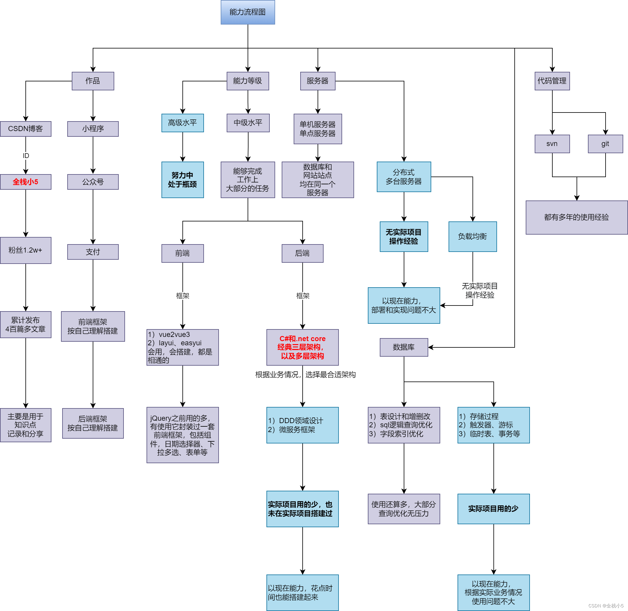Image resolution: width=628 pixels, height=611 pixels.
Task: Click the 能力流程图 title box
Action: (248, 12)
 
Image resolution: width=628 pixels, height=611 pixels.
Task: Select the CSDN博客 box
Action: (26, 129)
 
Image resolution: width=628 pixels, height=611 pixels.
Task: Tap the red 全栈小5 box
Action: (26, 182)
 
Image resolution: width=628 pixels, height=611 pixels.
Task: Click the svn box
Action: (552, 144)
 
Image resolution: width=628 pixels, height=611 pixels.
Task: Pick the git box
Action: (605, 144)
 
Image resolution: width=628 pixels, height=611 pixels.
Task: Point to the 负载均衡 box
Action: (472, 236)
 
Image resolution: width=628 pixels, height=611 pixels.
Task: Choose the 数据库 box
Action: (404, 347)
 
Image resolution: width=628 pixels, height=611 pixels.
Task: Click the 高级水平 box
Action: (182, 123)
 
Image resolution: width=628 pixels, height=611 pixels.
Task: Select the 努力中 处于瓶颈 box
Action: (182, 180)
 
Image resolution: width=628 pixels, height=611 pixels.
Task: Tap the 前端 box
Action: (182, 253)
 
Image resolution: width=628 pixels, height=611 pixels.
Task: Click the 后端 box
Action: (302, 253)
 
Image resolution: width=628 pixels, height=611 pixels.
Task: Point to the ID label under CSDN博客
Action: (26, 156)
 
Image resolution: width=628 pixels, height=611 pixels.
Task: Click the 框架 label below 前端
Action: (183, 296)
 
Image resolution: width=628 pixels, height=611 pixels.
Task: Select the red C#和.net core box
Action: (302, 347)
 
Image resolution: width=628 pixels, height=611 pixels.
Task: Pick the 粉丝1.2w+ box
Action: (26, 250)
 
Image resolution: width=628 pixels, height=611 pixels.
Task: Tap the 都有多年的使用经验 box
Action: (576, 217)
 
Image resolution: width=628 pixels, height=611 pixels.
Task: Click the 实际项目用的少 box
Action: (493, 509)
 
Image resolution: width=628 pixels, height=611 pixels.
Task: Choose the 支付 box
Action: (93, 252)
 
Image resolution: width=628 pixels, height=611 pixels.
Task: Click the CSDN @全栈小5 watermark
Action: (606, 606)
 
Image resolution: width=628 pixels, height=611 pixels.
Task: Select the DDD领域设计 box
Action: (302, 425)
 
